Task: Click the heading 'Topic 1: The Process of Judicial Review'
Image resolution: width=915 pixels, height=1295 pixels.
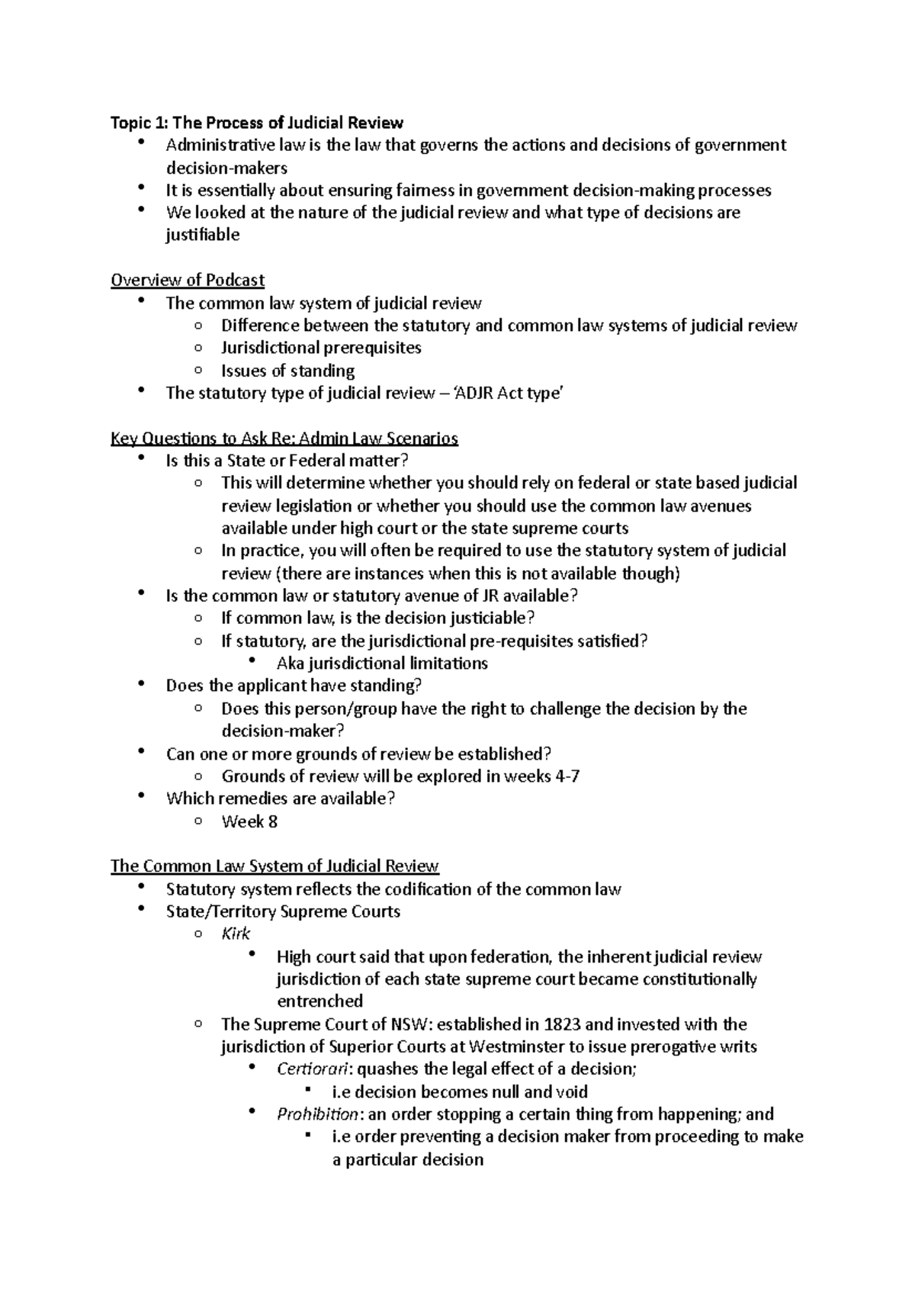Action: (257, 123)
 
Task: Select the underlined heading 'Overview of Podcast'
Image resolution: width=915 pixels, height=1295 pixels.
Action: (188, 280)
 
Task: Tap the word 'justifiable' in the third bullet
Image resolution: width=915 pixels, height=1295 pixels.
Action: (203, 235)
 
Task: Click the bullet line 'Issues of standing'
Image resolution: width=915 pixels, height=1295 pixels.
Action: (287, 371)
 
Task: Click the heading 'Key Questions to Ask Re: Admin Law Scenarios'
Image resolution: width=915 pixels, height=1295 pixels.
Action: (284, 439)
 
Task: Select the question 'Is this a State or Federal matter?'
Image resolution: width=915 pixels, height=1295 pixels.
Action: (287, 461)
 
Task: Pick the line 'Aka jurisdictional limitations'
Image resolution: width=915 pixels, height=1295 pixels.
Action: (382, 664)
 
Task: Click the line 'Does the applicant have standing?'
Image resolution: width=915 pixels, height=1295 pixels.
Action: (294, 686)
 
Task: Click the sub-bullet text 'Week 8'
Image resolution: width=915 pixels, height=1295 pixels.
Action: (249, 822)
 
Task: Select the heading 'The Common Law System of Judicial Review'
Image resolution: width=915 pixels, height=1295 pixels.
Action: (274, 866)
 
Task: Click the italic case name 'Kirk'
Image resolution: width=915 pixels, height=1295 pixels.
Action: (236, 934)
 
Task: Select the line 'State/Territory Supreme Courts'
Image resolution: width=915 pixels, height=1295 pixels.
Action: (283, 912)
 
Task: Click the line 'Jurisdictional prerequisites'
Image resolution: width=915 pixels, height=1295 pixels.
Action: (321, 348)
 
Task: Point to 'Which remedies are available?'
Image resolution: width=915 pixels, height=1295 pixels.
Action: (281, 799)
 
